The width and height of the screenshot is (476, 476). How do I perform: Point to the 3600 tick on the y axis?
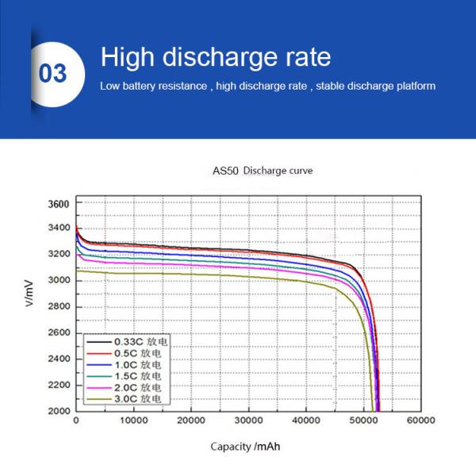pos(59,204)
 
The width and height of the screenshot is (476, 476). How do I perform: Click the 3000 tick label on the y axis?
pos(59,281)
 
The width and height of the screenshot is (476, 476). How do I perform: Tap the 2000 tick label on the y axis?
pos(59,411)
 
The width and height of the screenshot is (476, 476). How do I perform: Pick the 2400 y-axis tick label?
pos(59,359)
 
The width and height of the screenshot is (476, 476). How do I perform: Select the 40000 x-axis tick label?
pos(305,420)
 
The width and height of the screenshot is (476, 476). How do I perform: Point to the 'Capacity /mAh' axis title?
pos(245,447)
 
